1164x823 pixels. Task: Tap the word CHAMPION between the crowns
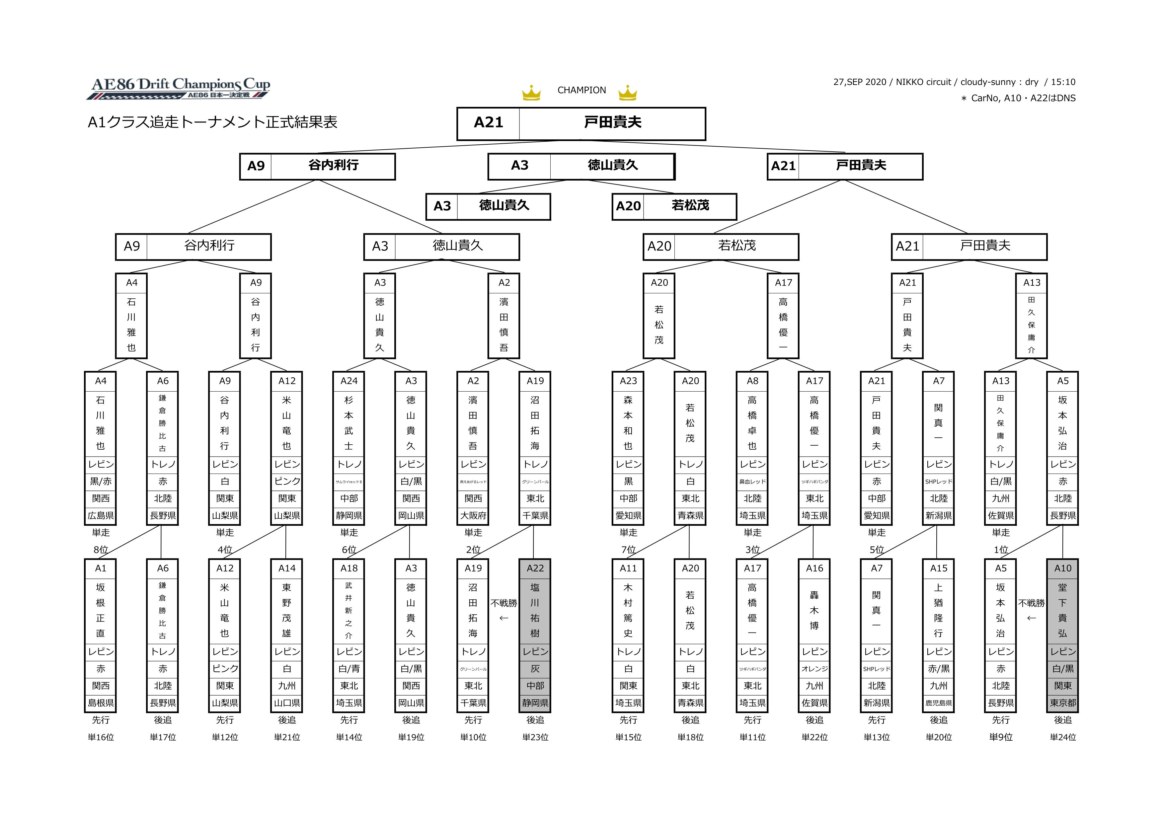[582, 90]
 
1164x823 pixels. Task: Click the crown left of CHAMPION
[531, 93]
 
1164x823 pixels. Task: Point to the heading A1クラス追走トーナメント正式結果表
[212, 122]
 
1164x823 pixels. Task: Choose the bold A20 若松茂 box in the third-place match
[674, 206]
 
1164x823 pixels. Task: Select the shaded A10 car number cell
[1063, 568]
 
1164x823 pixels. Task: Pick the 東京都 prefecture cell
[1063, 703]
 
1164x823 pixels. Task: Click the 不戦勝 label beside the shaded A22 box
[504, 603]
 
